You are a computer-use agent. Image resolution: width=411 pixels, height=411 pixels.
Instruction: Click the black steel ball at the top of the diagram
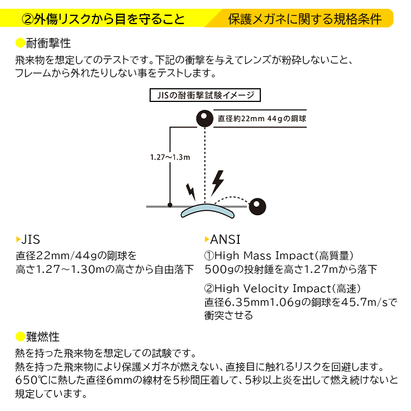click(x=205, y=118)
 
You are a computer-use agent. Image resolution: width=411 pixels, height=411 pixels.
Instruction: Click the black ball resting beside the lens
click(x=257, y=207)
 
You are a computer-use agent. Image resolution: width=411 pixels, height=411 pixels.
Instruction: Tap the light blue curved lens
click(x=207, y=211)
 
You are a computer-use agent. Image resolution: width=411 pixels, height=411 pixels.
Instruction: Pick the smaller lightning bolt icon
click(x=191, y=192)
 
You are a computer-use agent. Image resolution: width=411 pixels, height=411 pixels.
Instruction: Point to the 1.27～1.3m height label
click(x=170, y=157)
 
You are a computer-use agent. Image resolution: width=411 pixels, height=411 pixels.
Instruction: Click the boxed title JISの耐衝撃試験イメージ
click(x=205, y=95)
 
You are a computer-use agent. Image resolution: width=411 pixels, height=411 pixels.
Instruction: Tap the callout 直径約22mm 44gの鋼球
click(x=261, y=119)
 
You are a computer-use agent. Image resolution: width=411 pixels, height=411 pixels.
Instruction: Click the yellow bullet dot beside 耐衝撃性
click(x=20, y=43)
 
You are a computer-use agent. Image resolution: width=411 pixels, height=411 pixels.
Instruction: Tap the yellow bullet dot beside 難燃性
click(x=20, y=337)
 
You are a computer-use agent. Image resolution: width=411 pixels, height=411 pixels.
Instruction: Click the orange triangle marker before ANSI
click(x=207, y=239)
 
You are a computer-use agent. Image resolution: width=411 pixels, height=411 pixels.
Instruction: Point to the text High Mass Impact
click(x=264, y=255)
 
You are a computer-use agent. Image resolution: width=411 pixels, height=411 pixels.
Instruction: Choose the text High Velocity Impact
click(x=273, y=289)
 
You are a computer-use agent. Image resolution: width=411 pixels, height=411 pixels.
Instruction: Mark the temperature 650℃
click(x=31, y=380)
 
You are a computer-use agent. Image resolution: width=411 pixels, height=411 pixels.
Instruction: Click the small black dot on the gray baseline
click(x=170, y=205)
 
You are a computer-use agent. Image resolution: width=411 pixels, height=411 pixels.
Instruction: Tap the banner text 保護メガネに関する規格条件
click(x=305, y=19)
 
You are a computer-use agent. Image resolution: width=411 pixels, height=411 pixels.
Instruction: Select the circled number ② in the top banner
click(x=27, y=19)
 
